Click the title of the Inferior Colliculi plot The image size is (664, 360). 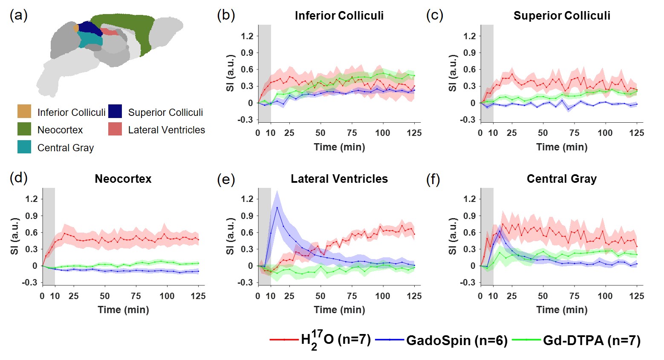pos(339,16)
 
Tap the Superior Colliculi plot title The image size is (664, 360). pos(561,16)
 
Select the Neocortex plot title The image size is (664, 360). pos(123,179)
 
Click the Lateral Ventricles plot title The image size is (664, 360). pos(339,179)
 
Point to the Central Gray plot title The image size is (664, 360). pos(561,179)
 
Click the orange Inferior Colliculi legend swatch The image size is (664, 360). pos(24,111)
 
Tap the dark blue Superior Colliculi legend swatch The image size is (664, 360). pos(115,111)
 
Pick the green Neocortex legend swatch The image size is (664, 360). pos(24,129)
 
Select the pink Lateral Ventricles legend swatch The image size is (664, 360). pos(115,129)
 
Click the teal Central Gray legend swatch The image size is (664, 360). pos(24,147)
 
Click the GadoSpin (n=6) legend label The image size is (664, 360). pos(456,340)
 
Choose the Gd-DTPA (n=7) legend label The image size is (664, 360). pos(591,340)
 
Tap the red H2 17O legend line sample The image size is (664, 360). pos(284,340)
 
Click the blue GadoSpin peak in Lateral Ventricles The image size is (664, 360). pos(277,207)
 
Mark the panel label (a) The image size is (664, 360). pos(18,16)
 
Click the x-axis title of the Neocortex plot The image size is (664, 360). pos(123,310)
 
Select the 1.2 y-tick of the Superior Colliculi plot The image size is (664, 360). pos(469,36)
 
